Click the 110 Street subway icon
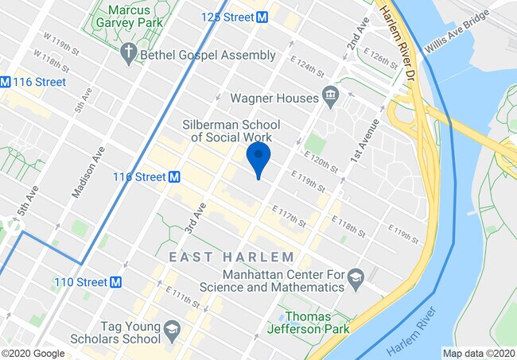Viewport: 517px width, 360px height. (116, 282)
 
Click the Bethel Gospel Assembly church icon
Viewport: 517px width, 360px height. (130, 54)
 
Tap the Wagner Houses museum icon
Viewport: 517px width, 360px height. (330, 99)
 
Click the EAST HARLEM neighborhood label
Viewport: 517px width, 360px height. (231, 257)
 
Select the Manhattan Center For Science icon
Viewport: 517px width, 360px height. (356, 277)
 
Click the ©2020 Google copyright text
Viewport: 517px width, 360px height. (33, 354)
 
